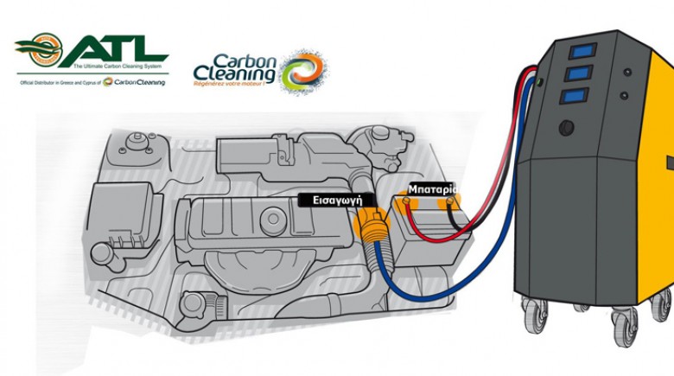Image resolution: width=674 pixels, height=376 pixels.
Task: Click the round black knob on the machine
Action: coord(567,128)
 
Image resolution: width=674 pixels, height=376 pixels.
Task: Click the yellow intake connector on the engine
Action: coord(371,226)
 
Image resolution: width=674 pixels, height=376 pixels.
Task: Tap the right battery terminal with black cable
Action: coord(448,205)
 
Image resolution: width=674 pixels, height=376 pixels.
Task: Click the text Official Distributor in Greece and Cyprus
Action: coord(65,82)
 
